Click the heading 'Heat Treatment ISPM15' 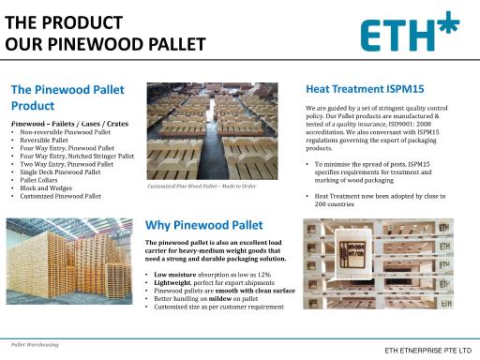point(365,89)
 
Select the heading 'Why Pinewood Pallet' point(204,225)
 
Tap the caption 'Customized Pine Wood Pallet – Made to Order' point(201,186)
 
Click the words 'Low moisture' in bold point(174,274)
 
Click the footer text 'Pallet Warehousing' point(34,345)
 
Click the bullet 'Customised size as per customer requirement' point(218,307)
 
